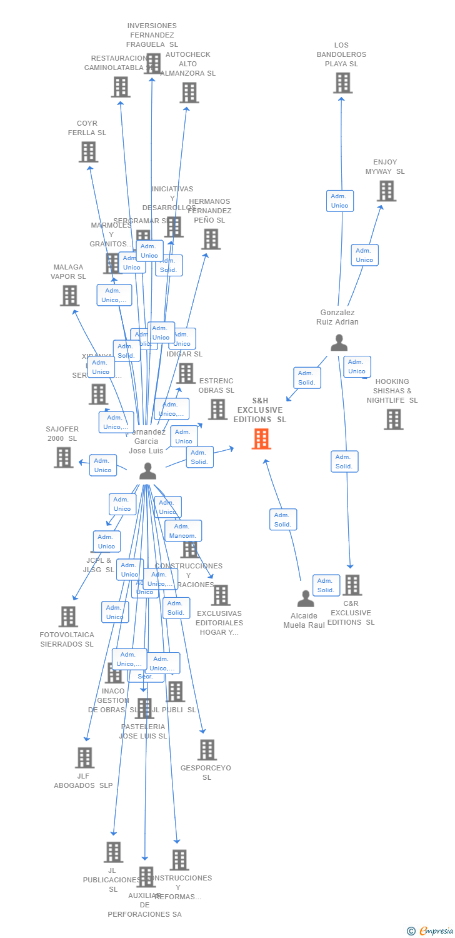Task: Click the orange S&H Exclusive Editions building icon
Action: click(261, 438)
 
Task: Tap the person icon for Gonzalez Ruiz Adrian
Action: click(339, 343)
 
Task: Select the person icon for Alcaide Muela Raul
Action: click(306, 598)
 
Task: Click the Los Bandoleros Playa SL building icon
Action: click(342, 83)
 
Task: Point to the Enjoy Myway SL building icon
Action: click(386, 191)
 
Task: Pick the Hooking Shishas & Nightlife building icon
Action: click(393, 419)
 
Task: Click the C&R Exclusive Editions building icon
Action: click(352, 585)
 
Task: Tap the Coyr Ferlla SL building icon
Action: click(88, 151)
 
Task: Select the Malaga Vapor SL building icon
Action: click(69, 295)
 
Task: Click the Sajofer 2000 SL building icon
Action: click(63, 457)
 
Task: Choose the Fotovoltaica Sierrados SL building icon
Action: click(67, 617)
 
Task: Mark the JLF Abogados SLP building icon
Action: click(84, 757)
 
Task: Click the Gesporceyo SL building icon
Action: click(206, 749)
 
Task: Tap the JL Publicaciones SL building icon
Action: click(113, 852)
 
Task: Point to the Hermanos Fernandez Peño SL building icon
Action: click(211, 239)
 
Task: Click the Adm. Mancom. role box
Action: click(183, 531)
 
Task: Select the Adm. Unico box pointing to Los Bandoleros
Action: click(339, 201)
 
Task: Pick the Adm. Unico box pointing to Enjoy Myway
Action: click(364, 255)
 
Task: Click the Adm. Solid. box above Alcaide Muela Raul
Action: click(283, 520)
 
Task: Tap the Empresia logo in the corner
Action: click(431, 931)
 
